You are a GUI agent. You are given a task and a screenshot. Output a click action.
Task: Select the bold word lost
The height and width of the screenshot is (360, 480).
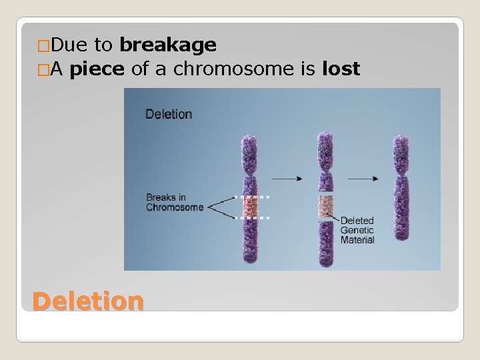pyautogui.click(x=341, y=69)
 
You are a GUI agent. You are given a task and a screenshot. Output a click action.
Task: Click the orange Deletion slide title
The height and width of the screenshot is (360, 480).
pyautogui.click(x=87, y=301)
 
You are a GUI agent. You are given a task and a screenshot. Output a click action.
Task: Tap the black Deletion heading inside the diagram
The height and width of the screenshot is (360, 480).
pyautogui.click(x=169, y=114)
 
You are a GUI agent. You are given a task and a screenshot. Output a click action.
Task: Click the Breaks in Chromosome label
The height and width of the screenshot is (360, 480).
pyautogui.click(x=175, y=202)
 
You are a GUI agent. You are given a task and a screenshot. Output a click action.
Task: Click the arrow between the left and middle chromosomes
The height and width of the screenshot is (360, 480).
pyautogui.click(x=287, y=179)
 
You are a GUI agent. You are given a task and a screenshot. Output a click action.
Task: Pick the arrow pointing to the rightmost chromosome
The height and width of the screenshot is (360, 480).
pyautogui.click(x=365, y=179)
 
